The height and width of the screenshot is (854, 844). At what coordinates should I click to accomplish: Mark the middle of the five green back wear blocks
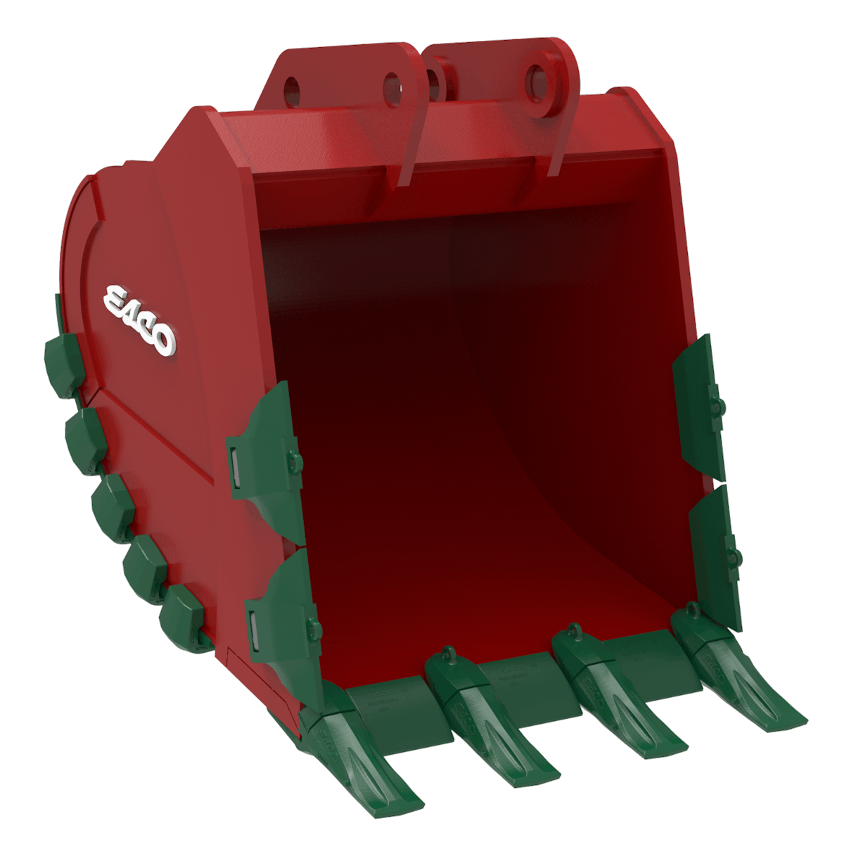coord(113,506)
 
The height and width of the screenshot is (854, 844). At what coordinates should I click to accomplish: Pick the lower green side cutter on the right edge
coord(714,556)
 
